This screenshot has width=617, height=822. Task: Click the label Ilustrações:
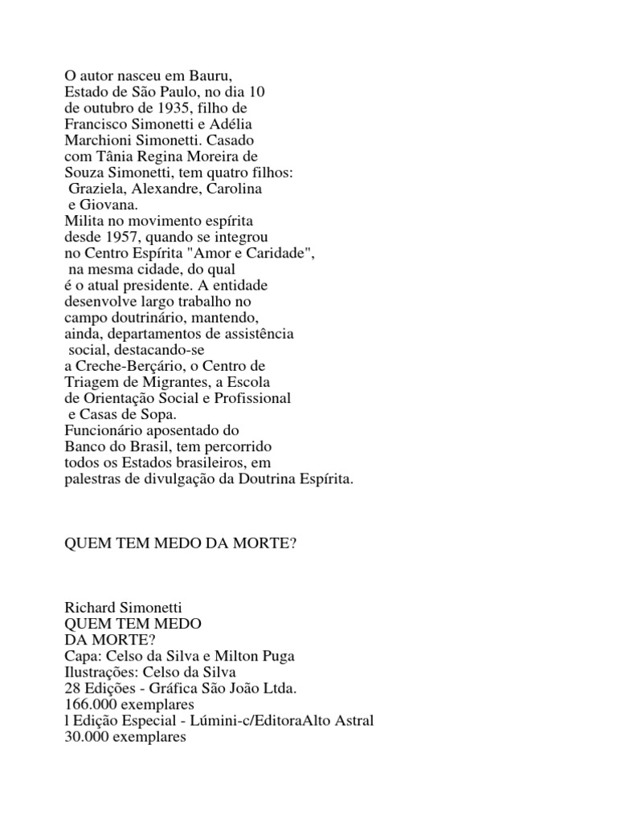click(100, 672)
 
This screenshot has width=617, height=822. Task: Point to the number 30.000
click(84, 736)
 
